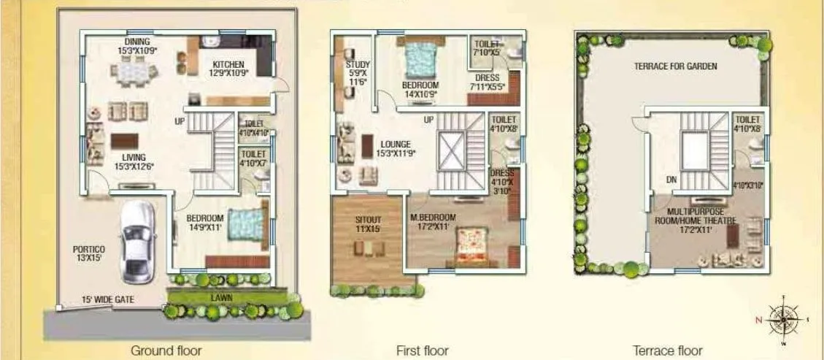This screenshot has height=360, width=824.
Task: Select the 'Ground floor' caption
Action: (x=166, y=351)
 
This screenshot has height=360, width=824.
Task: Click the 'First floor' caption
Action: (x=423, y=351)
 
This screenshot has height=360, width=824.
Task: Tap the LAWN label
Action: (x=221, y=299)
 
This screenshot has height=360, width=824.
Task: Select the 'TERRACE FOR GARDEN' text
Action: (x=675, y=66)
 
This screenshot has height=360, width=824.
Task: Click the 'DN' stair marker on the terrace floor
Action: (x=671, y=178)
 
